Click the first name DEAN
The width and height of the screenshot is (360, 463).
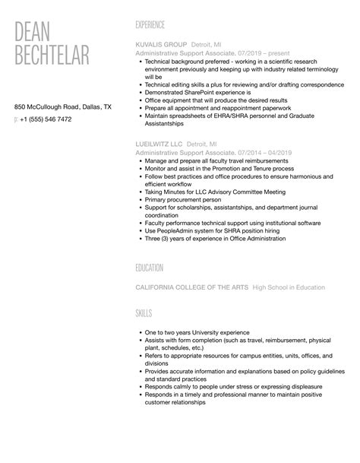[x=39, y=33]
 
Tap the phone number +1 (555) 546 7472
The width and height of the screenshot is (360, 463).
[x=46, y=119]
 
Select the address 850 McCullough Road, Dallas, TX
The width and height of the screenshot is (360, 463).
[x=63, y=107]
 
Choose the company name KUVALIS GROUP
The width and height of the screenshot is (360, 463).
[x=162, y=44]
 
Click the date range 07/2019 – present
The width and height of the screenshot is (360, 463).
[x=254, y=54]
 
